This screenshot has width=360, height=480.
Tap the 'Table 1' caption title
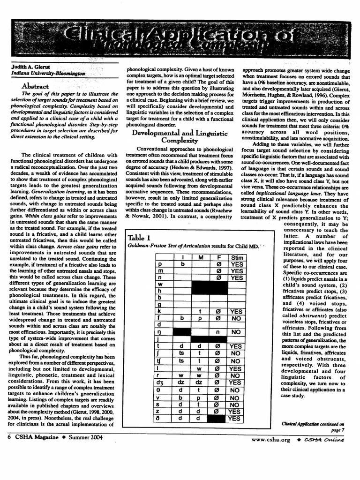coord(142,237)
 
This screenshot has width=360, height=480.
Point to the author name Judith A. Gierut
coord(30,67)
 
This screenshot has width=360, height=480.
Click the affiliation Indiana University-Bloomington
coord(48,74)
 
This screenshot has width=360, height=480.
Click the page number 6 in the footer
coord(9,437)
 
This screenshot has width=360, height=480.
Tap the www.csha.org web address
coord(271,440)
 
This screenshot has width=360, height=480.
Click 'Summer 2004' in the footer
coord(86,437)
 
